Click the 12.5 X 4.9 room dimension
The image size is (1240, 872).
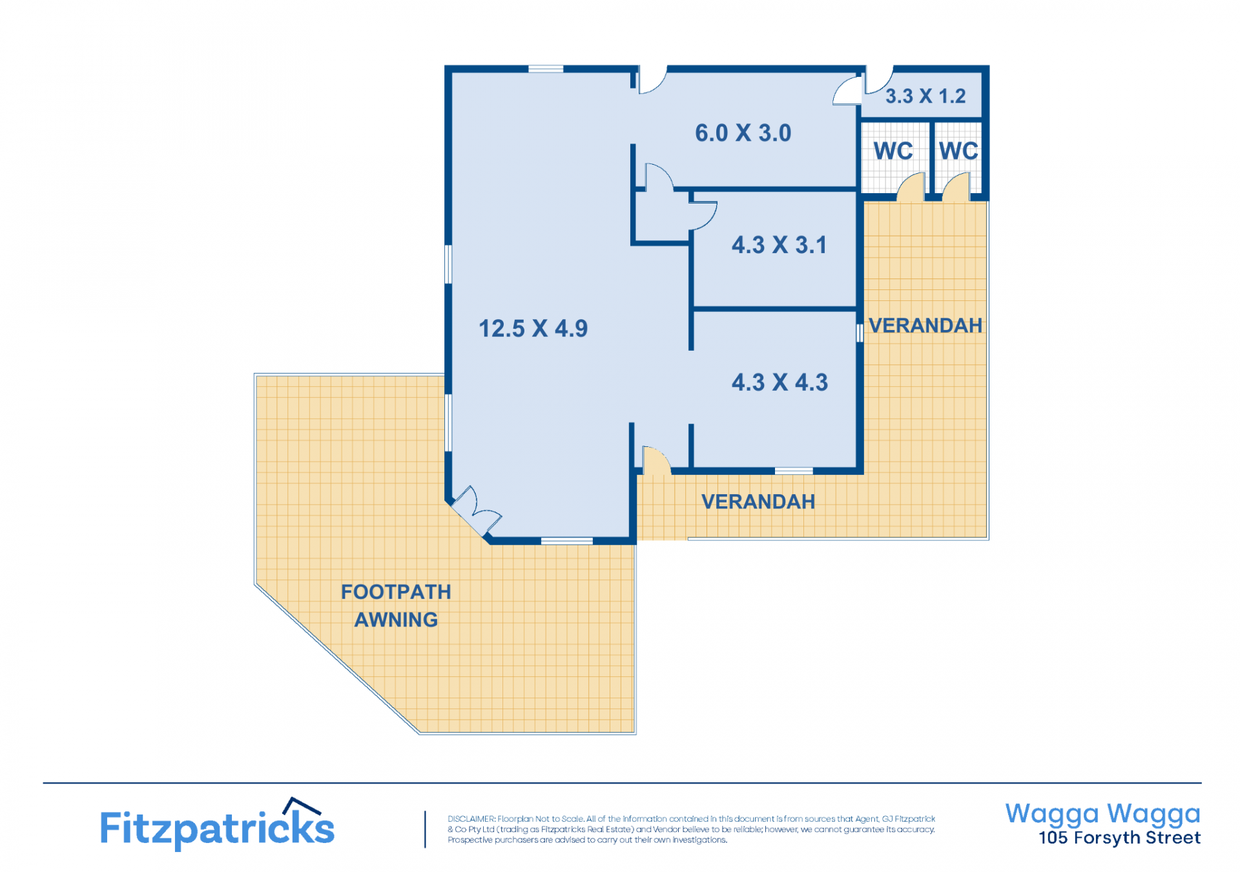point(533,328)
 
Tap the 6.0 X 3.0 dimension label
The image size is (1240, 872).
point(743,133)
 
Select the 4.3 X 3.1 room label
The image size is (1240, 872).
point(779,245)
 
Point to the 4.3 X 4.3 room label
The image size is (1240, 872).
point(780,382)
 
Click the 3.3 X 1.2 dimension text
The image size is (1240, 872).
point(925,96)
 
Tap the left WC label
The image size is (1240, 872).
point(893,151)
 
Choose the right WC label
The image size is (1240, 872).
point(958,151)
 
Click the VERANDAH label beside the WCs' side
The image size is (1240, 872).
point(925,326)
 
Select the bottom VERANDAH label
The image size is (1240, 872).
point(758,502)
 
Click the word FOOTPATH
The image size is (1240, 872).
point(396,592)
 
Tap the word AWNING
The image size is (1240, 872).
point(396,620)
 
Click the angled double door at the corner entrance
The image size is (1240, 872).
point(475,510)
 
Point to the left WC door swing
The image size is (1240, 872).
point(911,185)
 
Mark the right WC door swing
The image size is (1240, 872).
point(956,185)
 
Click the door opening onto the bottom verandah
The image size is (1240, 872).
point(656,461)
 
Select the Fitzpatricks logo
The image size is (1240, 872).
point(217,824)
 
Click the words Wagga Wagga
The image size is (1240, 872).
point(1103,814)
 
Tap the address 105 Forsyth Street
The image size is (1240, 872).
point(1119,838)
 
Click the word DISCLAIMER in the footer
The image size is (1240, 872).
point(471,819)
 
